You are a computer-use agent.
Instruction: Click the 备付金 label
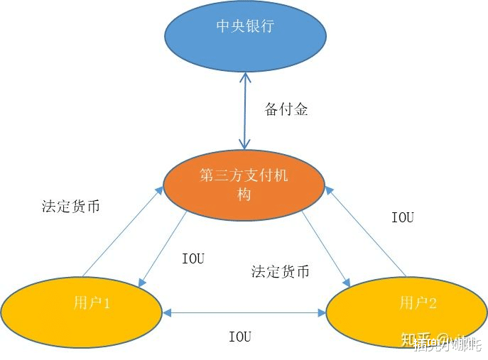coord(286,110)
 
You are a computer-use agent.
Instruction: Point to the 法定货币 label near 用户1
coord(70,207)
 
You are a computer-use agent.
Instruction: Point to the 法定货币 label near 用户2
coord(280,272)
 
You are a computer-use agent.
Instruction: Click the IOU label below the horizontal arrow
coord(239,337)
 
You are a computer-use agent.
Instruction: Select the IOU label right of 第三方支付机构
coord(402,217)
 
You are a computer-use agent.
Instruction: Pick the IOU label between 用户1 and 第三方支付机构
coord(193,258)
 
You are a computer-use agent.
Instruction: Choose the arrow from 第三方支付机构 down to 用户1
coord(164,249)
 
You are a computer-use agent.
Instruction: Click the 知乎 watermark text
coord(416,341)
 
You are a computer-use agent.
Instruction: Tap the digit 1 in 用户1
coord(107,303)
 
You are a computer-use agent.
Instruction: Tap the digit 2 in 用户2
coord(433,303)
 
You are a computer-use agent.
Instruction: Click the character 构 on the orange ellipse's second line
coord(244,194)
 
